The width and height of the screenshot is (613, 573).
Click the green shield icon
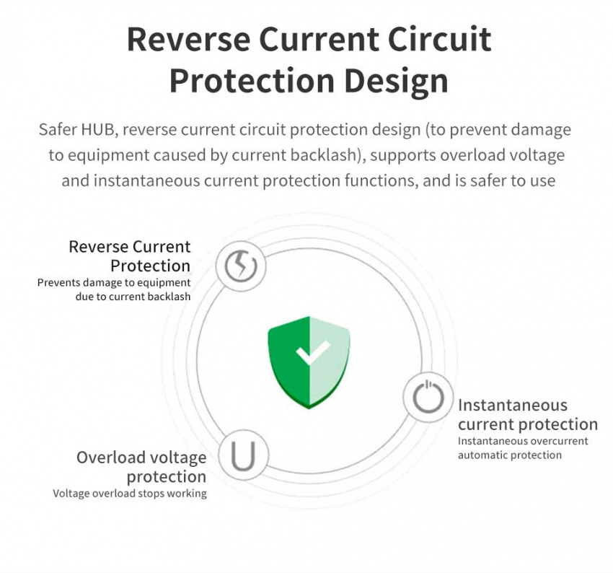(309, 362)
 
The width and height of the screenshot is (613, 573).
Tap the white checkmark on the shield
(312, 351)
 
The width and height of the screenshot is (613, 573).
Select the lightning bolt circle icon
(241, 266)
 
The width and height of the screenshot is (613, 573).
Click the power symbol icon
(428, 397)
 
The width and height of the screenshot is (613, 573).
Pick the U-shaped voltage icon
(243, 455)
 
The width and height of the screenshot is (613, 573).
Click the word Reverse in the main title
(188, 40)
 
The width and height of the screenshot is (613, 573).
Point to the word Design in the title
(397, 81)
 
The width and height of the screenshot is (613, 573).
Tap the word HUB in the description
(98, 130)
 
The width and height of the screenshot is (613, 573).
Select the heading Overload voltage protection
(141, 467)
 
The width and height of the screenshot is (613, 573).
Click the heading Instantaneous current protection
(528, 414)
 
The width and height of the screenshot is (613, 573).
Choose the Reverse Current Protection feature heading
(129, 256)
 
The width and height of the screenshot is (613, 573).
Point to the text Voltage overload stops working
(130, 493)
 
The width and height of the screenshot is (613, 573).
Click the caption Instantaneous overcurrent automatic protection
(523, 448)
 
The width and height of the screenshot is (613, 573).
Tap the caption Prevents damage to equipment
(114, 282)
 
